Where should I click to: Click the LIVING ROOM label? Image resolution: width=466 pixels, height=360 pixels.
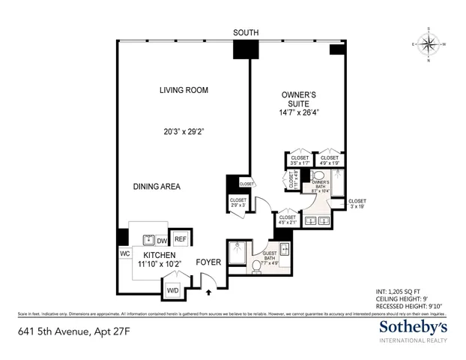[x=184, y=90]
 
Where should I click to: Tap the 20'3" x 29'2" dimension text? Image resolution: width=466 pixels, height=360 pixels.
[x=183, y=132]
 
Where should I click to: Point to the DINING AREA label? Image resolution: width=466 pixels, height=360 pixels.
[x=160, y=186]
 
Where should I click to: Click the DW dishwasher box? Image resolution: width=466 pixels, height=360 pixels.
[x=162, y=241]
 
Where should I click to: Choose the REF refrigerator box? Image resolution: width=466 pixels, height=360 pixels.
[x=181, y=240]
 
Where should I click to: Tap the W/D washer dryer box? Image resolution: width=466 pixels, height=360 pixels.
[x=172, y=289]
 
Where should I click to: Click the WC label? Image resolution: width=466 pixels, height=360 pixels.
[x=124, y=253]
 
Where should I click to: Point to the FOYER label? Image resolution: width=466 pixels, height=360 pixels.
[x=208, y=262]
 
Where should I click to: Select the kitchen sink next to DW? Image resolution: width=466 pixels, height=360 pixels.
[x=146, y=240]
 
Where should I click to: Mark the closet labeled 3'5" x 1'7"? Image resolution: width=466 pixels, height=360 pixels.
[x=298, y=160]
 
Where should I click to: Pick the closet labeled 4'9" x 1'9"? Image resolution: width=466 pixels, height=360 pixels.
[x=329, y=160]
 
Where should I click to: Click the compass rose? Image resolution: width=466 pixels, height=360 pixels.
[x=429, y=44]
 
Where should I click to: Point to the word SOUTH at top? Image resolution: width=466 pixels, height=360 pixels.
[x=246, y=32]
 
